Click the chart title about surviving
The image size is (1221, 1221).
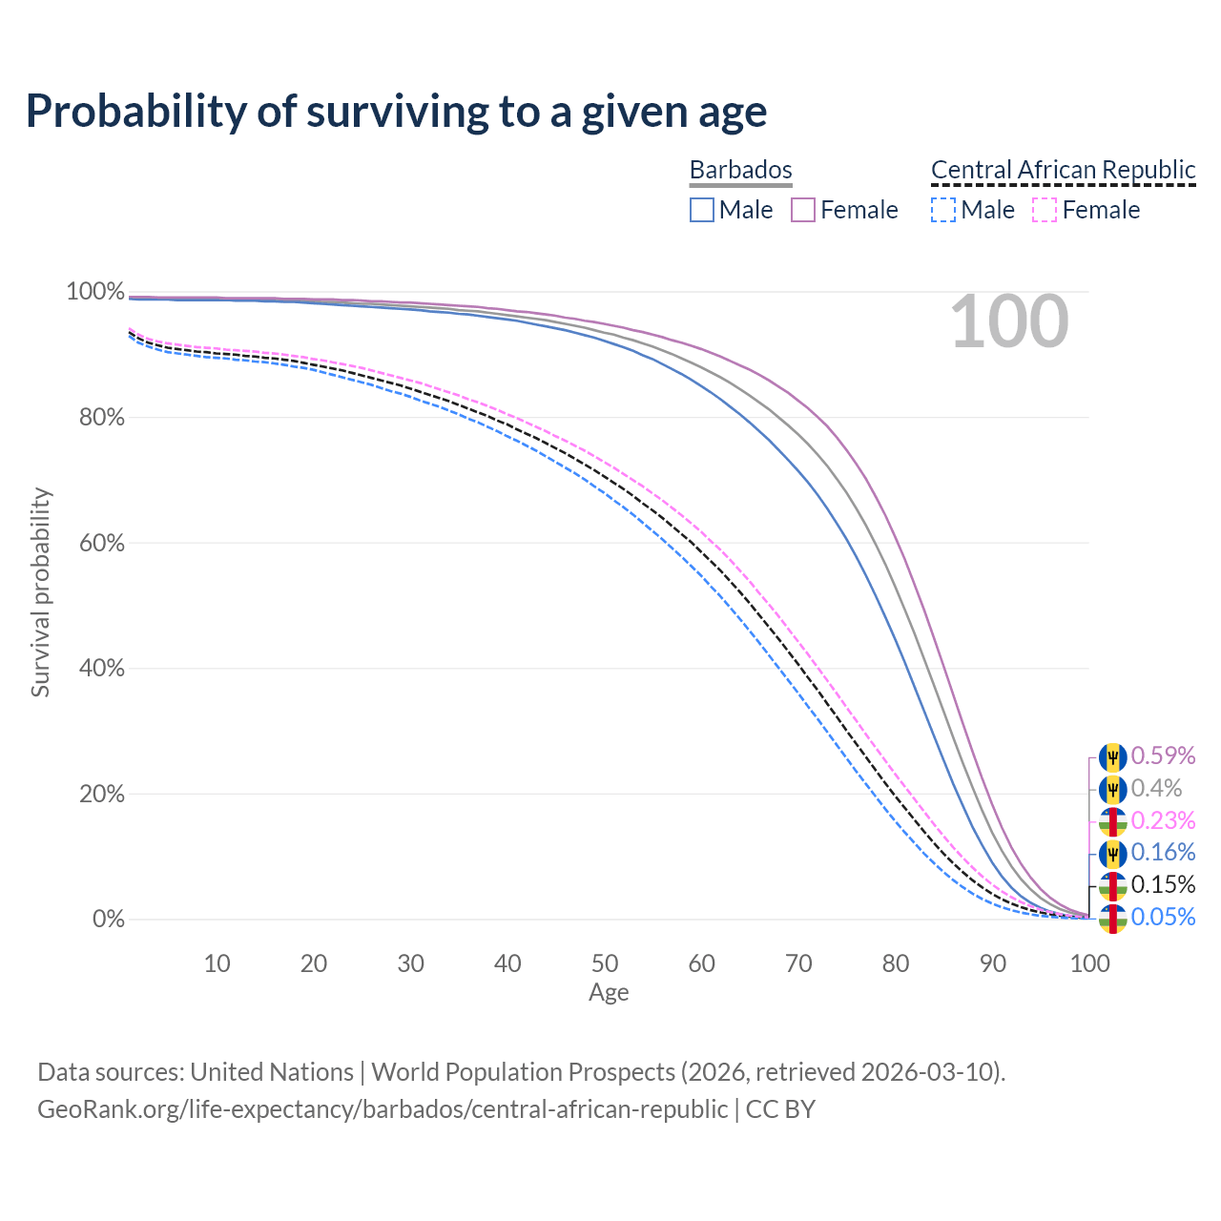tap(396, 112)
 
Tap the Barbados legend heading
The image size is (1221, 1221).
tap(740, 170)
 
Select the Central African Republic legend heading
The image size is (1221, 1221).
tap(1063, 170)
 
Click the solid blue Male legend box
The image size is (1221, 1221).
tap(702, 210)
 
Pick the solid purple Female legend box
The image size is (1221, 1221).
tap(803, 210)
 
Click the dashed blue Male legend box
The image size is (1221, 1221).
tap(942, 210)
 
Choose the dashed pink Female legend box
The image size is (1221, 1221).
tap(1045, 210)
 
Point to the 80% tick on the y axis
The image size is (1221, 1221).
tap(94, 417)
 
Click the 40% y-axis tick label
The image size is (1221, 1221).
tap(94, 668)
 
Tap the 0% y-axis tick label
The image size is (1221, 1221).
tap(108, 919)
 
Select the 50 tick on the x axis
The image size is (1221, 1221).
tap(604, 963)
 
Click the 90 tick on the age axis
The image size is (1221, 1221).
tap(992, 963)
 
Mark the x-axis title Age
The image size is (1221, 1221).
tap(609, 992)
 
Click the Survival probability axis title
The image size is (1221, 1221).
tap(40, 591)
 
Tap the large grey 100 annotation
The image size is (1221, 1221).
tap(1009, 322)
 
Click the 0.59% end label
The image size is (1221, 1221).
tap(1163, 755)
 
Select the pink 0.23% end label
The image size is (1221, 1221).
tap(1163, 820)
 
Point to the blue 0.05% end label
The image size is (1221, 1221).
tap(1163, 917)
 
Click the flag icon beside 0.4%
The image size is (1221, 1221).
tap(1112, 789)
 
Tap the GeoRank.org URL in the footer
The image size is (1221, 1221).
tap(382, 1109)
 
